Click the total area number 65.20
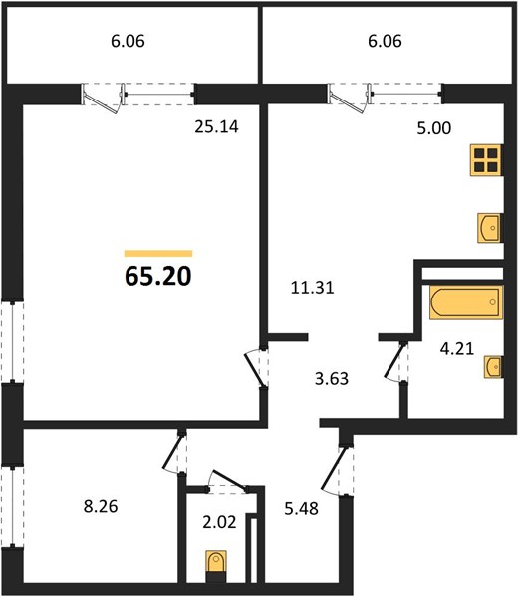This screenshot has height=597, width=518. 157,276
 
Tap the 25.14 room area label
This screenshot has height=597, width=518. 216,126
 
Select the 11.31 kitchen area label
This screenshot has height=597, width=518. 312,288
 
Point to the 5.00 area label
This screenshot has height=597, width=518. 433,128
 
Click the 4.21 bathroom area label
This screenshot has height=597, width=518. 457,349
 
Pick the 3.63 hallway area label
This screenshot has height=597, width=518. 332,379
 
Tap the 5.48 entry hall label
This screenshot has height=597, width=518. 301,508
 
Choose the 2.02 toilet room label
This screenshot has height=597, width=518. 219,522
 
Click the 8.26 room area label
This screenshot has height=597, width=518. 101,507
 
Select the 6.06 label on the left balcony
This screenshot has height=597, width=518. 128,41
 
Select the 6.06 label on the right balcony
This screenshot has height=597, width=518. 385,41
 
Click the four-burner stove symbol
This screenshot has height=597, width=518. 487,160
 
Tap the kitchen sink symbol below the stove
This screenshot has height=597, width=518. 489,228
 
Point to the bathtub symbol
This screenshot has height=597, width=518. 466,301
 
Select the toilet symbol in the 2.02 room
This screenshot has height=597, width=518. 216,561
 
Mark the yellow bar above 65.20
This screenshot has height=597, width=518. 158,253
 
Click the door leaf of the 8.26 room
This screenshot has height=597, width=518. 172,452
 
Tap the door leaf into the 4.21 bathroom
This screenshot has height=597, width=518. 393,360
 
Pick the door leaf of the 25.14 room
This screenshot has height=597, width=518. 254,369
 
